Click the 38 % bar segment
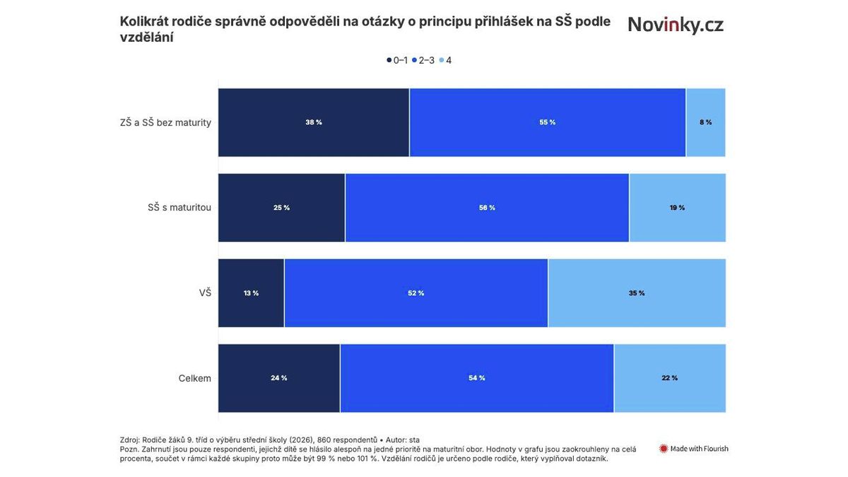click(x=314, y=122)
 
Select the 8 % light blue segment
click(x=705, y=122)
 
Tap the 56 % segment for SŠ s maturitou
click(x=487, y=208)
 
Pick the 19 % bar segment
click(x=677, y=208)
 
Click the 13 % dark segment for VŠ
click(x=251, y=293)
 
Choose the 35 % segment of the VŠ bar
click(x=637, y=293)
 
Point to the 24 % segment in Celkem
click(x=279, y=378)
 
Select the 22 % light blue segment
click(x=669, y=378)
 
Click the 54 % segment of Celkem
click(x=477, y=378)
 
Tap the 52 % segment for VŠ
click(x=416, y=293)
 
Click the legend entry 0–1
click(x=397, y=61)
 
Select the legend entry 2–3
click(x=423, y=61)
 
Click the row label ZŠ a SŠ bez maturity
click(x=166, y=123)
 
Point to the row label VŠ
click(x=205, y=293)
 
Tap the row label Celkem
click(x=194, y=379)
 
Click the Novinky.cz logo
click(x=676, y=25)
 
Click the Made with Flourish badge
click(x=694, y=449)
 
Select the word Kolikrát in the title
click(x=144, y=22)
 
